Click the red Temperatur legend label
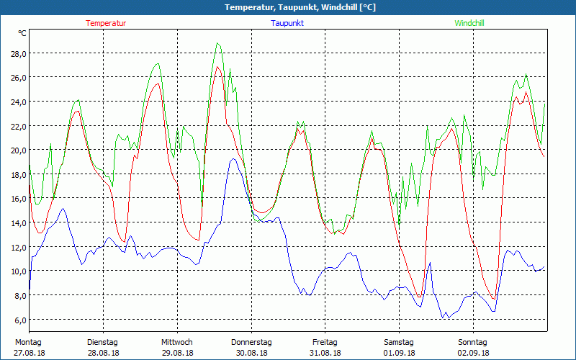[106, 23]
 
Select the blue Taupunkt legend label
[287, 23]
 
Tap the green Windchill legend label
[469, 23]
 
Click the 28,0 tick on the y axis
[18, 53]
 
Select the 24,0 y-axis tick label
[18, 102]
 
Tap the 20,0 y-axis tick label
[18, 150]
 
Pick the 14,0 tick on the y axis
[18, 222]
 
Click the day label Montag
[28, 342]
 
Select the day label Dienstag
[102, 342]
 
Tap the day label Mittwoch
[177, 342]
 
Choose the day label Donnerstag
[251, 342]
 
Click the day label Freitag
[325, 342]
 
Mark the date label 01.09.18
[399, 353]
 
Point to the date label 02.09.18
[473, 353]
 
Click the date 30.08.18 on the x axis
[251, 353]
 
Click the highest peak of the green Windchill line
[217, 43]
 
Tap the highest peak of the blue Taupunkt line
[232, 159]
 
